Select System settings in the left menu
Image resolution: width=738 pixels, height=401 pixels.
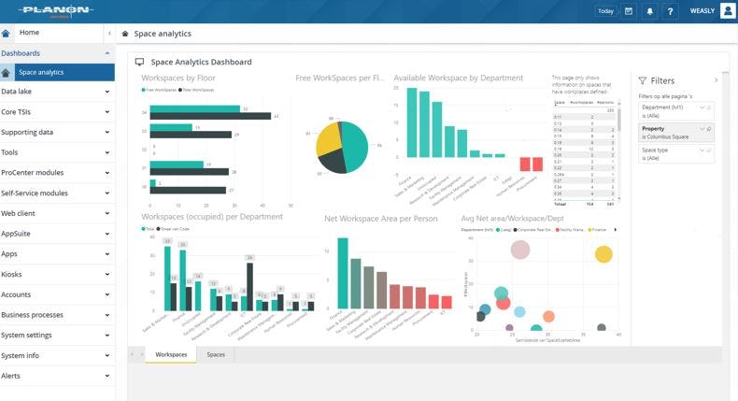pyautogui.click(x=26, y=335)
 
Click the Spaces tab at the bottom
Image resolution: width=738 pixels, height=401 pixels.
pyautogui.click(x=216, y=355)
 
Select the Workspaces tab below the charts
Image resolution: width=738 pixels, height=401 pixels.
pyautogui.click(x=171, y=355)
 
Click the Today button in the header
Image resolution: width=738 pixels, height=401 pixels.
pyautogui.click(x=605, y=11)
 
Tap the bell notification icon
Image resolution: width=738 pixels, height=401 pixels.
pyautogui.click(x=650, y=11)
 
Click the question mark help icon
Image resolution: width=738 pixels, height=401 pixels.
pyautogui.click(x=671, y=11)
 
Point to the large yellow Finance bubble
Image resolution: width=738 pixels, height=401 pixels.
pyautogui.click(x=603, y=253)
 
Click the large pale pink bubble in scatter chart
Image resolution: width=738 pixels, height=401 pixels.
pyautogui.click(x=520, y=250)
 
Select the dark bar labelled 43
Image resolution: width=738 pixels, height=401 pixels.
pyautogui.click(x=211, y=116)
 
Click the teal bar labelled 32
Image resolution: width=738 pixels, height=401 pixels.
pyautogui.click(x=192, y=108)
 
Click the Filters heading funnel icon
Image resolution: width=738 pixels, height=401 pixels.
pyautogui.click(x=643, y=81)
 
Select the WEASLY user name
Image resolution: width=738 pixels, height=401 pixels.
pyautogui.click(x=702, y=11)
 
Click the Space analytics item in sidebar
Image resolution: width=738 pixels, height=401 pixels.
pyautogui.click(x=41, y=72)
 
